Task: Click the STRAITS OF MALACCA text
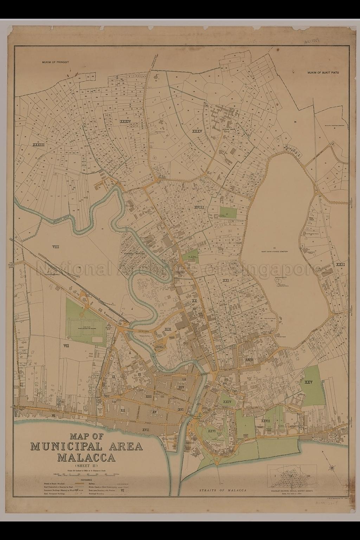coord(221,490)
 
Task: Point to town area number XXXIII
coord(38,144)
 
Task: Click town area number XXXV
coord(198,131)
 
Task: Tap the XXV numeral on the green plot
coord(309,382)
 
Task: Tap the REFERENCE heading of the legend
coord(86,480)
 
